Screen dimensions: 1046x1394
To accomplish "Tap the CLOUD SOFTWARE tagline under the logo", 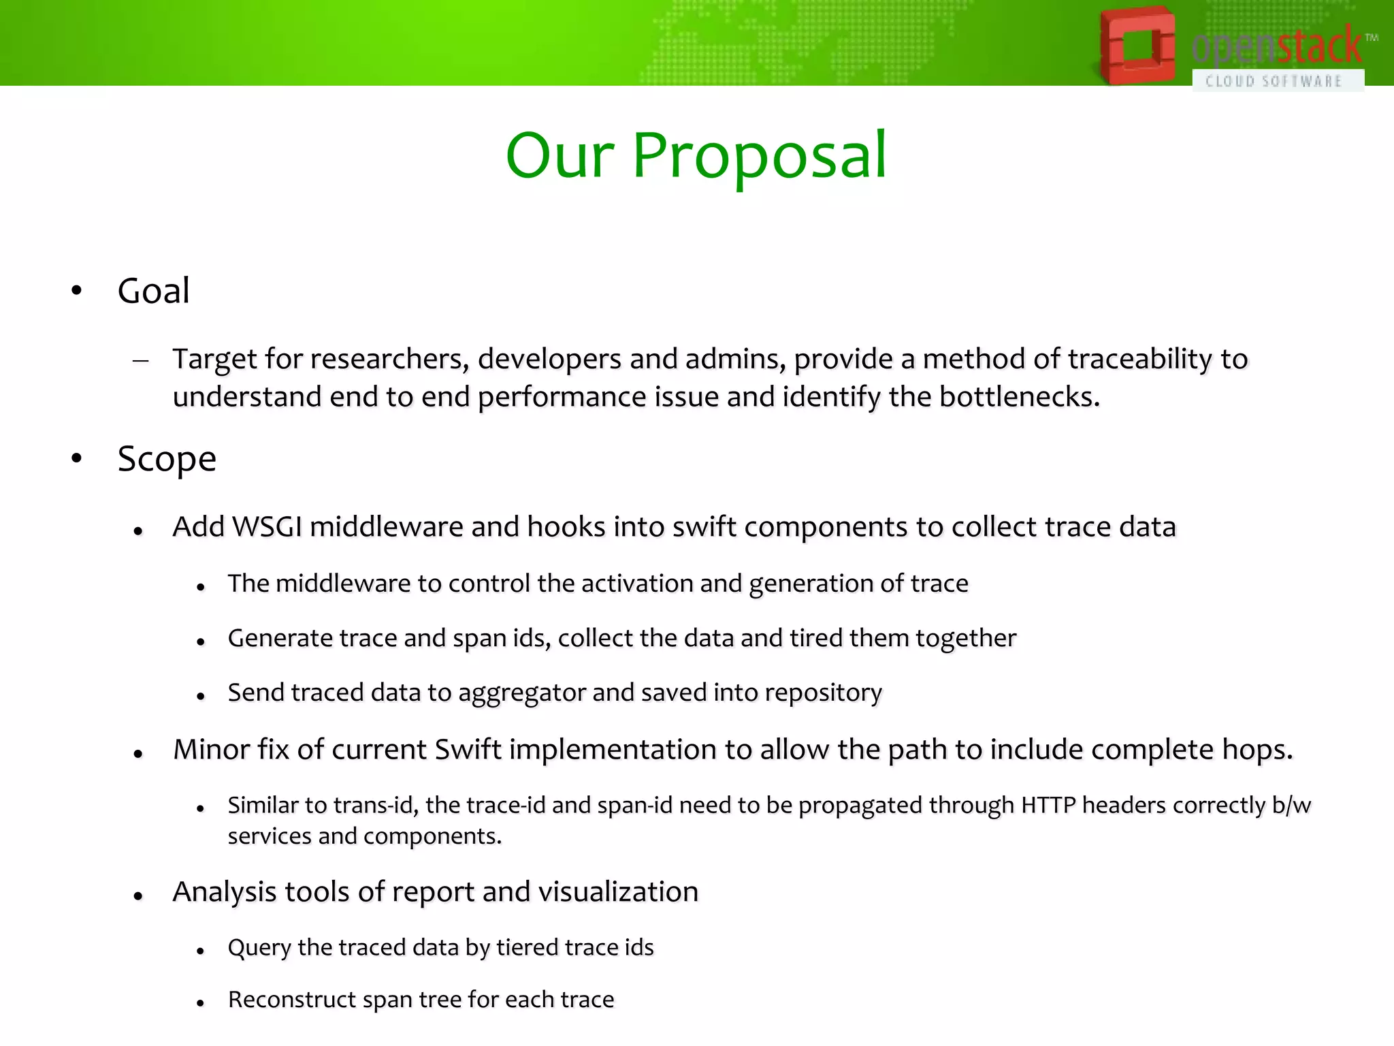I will pyautogui.click(x=1274, y=81).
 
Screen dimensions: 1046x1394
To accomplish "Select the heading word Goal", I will pyautogui.click(x=153, y=291).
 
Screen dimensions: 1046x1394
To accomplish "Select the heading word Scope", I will pyautogui.click(x=167, y=459).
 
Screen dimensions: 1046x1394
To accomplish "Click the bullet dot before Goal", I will pyautogui.click(x=76, y=291).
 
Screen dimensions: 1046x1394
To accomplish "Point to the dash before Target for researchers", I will pyautogui.click(x=141, y=360).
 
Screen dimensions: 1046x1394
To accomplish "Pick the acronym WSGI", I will pyautogui.click(x=267, y=527).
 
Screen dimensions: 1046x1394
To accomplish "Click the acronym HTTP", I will pyautogui.click(x=1048, y=806).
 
